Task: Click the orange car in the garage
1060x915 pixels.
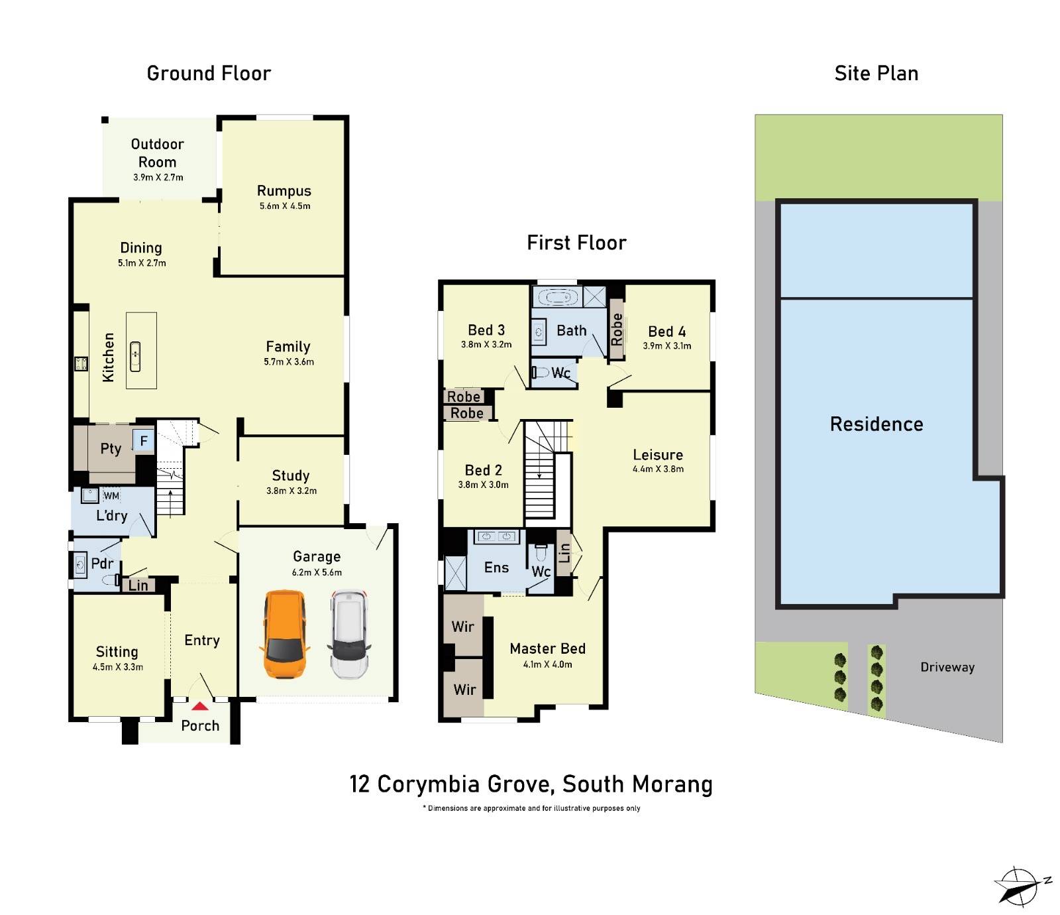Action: point(286,634)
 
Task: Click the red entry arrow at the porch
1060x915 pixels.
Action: point(199,707)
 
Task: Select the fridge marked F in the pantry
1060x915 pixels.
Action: point(144,441)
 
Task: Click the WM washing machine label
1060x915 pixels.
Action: point(111,496)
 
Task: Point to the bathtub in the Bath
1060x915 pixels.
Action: point(558,297)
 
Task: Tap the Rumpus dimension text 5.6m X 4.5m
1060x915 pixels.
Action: point(285,206)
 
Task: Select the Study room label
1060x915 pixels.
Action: point(290,475)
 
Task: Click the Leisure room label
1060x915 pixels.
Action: point(657,455)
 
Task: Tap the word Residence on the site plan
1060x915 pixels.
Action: point(876,424)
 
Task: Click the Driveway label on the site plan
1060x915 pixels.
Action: point(947,668)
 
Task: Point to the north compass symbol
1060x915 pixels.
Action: point(1019,886)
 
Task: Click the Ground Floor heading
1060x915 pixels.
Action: point(209,74)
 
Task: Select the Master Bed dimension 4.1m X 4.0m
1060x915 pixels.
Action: point(547,664)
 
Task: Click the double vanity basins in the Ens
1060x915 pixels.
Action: point(496,536)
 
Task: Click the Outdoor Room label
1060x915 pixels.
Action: point(157,153)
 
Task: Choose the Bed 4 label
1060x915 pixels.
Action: point(666,332)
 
